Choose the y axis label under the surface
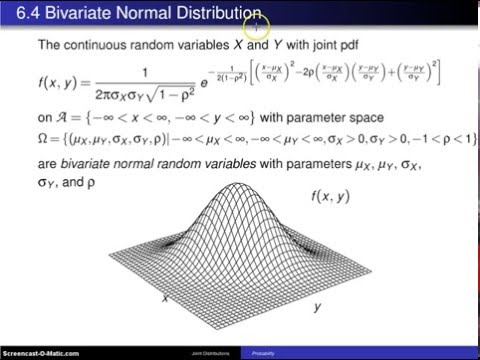(317, 307)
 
